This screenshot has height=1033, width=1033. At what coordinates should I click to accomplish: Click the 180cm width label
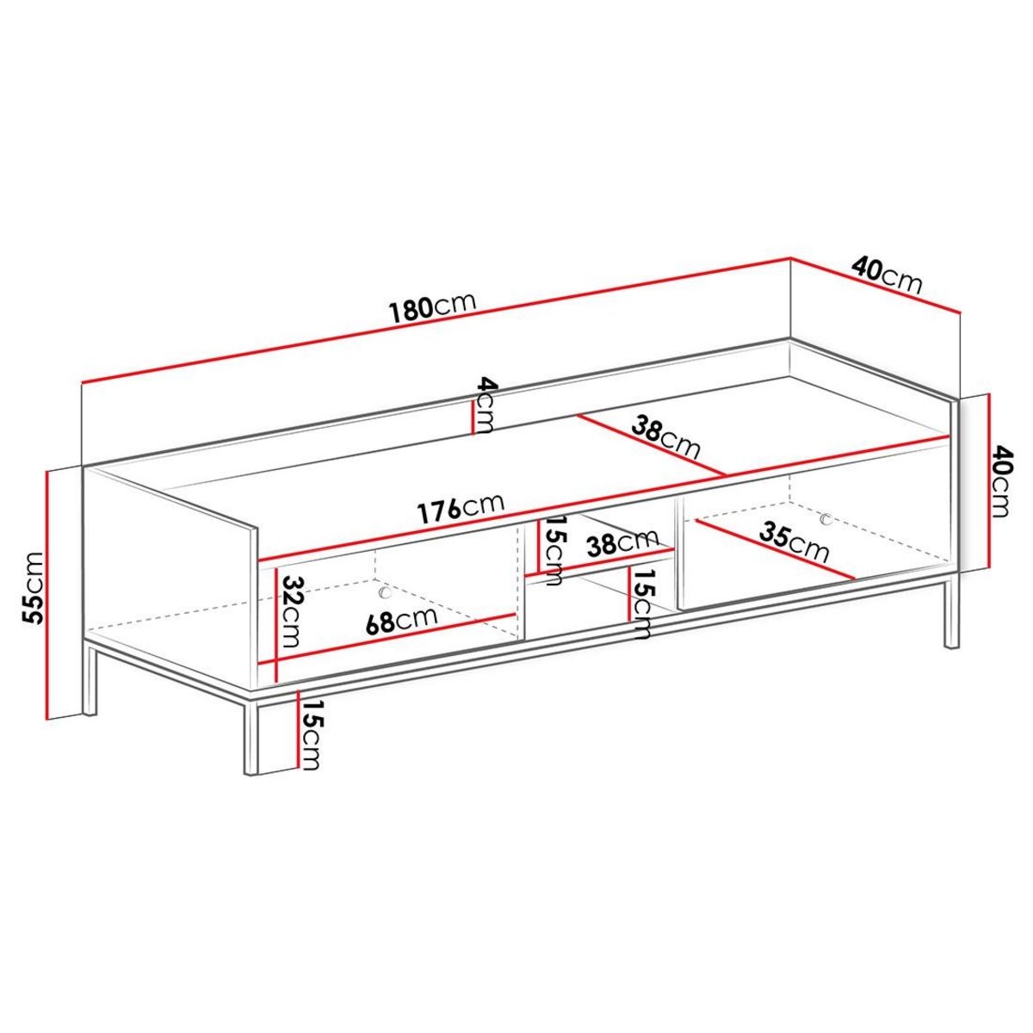(432, 307)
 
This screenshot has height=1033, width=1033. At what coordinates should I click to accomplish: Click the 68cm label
(402, 620)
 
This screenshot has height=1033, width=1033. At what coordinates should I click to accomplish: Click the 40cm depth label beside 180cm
(887, 274)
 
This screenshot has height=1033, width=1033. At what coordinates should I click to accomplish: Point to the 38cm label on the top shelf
(665, 436)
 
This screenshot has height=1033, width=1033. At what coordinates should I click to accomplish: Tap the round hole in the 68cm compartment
(385, 593)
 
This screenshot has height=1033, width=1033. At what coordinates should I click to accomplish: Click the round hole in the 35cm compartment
(826, 519)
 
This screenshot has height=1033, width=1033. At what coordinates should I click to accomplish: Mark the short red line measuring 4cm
(472, 418)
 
